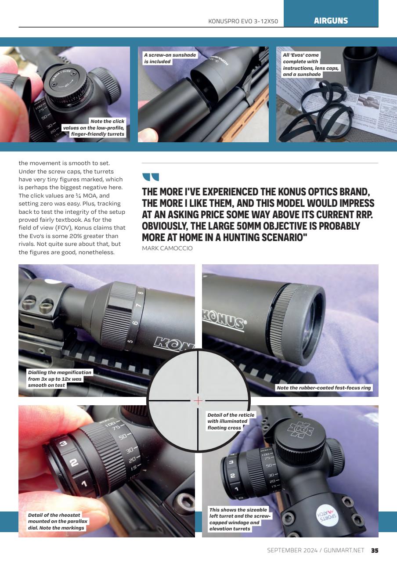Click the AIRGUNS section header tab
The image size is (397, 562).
[331, 21]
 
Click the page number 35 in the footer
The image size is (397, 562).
[375, 551]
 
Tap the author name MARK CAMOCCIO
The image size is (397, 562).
[167, 249]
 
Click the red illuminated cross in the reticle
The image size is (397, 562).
[198, 400]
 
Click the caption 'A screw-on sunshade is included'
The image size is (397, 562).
[170, 58]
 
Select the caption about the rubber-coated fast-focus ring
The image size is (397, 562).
[324, 388]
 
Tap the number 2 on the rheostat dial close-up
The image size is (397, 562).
[74, 462]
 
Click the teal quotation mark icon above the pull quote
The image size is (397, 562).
[150, 177]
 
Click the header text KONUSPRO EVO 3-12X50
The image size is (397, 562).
[243, 21]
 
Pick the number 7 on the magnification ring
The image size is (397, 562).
[138, 305]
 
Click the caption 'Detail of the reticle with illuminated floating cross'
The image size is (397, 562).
[228, 421]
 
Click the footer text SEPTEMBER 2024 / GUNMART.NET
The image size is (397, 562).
[315, 551]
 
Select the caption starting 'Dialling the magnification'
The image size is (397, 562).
[60, 378]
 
